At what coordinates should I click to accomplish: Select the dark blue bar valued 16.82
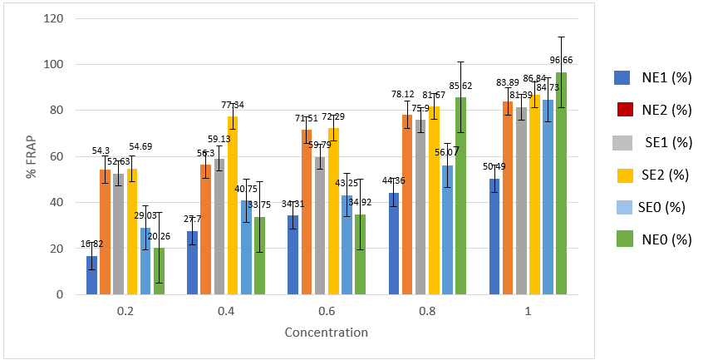(91, 275)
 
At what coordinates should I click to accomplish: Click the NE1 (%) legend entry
(652, 77)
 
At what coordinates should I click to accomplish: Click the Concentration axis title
(327, 333)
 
